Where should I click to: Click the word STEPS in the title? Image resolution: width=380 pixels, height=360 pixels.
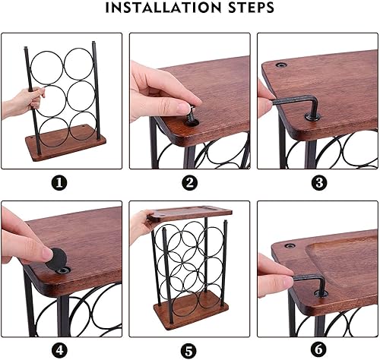pos(252,8)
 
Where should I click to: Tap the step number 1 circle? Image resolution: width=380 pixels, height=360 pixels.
pos(59,182)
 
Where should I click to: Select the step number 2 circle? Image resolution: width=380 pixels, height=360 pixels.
pos(190,182)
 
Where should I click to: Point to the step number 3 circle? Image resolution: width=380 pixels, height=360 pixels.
pos(319,182)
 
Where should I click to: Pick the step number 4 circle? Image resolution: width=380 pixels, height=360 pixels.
pos(59,350)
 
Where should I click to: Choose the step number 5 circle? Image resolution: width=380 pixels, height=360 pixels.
pos(189,351)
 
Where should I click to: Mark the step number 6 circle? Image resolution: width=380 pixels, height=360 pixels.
pos(318,349)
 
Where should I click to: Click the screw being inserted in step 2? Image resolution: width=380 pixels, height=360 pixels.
pos(192,115)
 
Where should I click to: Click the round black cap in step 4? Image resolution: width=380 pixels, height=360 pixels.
pos(55,259)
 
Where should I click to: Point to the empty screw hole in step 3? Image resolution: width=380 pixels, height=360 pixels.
pos(282,65)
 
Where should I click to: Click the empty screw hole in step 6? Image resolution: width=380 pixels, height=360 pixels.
pos(290,245)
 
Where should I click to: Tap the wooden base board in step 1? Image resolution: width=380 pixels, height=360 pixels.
pos(65,141)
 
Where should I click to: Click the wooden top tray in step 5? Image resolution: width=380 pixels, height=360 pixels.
pos(190,213)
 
